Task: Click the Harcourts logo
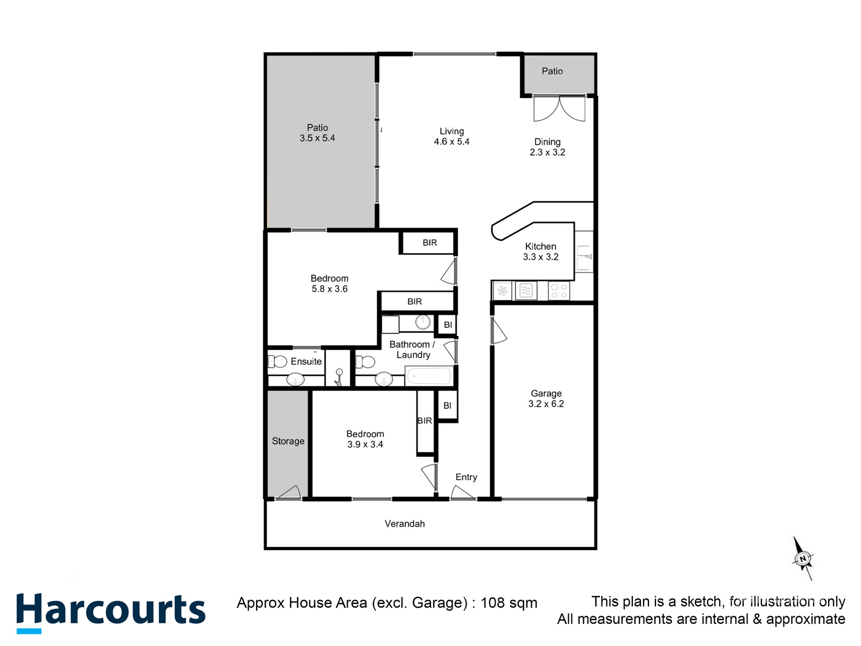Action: point(111,612)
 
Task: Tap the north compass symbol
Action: point(803,559)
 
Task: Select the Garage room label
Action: point(546,394)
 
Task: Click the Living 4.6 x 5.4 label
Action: point(451,136)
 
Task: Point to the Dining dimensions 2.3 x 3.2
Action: point(547,152)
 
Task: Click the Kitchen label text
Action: point(540,247)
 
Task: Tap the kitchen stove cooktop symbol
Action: point(559,291)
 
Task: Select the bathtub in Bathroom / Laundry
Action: point(429,376)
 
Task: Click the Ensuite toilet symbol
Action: point(278,361)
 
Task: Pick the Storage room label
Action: point(288,441)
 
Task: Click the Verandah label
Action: point(405,524)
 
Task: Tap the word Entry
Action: point(466,477)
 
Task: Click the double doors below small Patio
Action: point(559,109)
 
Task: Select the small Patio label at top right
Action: point(552,71)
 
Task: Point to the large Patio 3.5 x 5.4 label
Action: point(317,133)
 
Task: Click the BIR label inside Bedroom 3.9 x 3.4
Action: point(425,420)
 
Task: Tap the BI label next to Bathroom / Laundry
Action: point(448,325)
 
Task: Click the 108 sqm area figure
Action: point(509,602)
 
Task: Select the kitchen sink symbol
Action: point(584,258)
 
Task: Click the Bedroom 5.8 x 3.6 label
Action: point(329,284)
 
